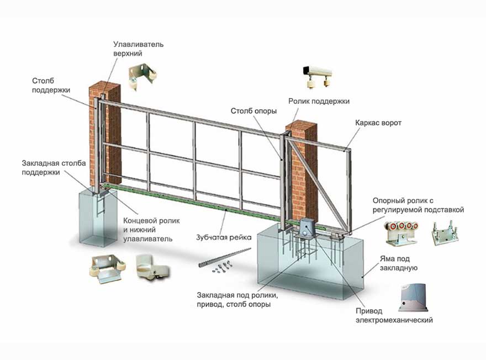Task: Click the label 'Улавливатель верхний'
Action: coord(138,49)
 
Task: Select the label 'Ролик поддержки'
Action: coord(319,101)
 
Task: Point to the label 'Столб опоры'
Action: coord(253,111)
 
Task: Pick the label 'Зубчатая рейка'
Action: coord(224,237)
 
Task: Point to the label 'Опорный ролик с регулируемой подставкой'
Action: coord(418,205)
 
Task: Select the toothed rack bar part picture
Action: coord(220,260)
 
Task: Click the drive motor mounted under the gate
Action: coord(308,226)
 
